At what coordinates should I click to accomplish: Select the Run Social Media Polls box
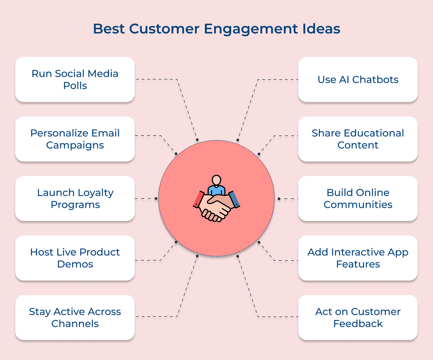coord(75,80)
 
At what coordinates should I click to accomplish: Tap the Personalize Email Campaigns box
coord(75,139)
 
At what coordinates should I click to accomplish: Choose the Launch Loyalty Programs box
coord(75,199)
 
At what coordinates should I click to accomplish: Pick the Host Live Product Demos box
coord(75,258)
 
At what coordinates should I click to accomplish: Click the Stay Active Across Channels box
coord(75,318)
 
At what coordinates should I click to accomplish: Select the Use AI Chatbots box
coord(358,80)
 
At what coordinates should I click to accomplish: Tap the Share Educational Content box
coord(358,139)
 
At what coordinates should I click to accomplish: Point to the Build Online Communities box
coord(358,199)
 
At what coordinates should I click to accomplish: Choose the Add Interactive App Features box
coord(358,258)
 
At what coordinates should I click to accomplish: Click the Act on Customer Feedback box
coord(358,318)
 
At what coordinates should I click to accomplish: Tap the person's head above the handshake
coord(216,180)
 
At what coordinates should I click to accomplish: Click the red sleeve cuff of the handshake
coord(198,200)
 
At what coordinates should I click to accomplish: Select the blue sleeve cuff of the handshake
coord(234,199)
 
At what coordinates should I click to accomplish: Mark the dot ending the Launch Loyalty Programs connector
coord(156,199)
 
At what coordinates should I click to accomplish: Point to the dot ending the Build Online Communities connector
coord(279,199)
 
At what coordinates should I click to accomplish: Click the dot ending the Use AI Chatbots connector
coord(238,140)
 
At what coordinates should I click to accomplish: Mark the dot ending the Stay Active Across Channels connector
coord(197,256)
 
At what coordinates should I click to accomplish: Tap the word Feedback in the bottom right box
coord(358,324)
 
